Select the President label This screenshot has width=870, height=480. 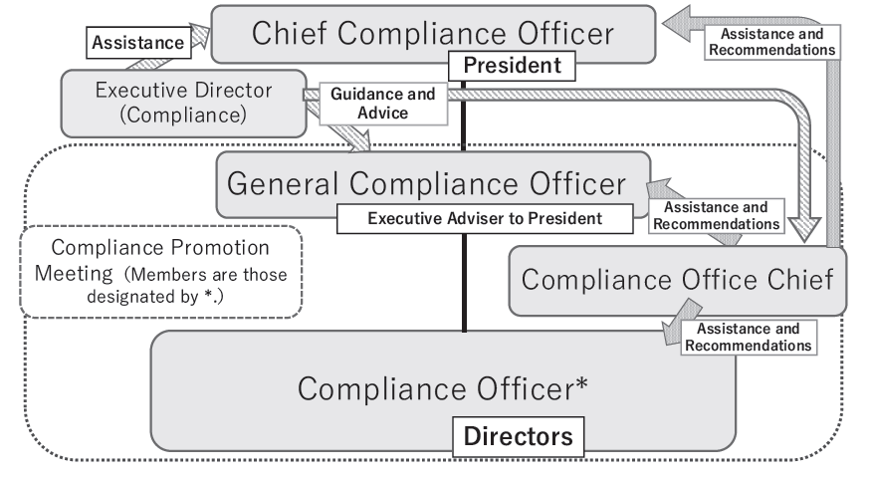click(514, 68)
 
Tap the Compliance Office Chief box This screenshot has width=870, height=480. click(677, 280)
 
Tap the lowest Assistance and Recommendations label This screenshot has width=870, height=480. click(748, 337)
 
